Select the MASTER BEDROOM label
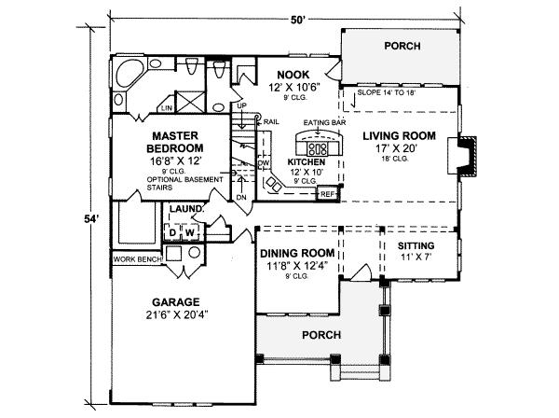pyautogui.click(x=177, y=142)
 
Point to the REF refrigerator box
pyautogui.click(x=327, y=194)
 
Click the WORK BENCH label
pyautogui.click(x=134, y=259)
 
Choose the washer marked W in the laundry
pyautogui.click(x=187, y=231)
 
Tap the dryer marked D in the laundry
pyautogui.click(x=173, y=231)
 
